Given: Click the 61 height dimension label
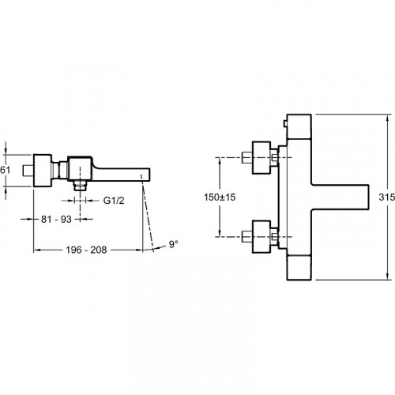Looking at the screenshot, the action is tap(5, 170).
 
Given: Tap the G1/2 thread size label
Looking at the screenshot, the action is tap(114, 201).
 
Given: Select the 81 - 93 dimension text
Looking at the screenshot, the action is tap(56, 219).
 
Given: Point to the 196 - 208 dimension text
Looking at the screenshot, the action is tap(86, 250).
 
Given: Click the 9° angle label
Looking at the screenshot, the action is tap(173, 244).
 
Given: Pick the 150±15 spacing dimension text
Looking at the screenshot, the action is tap(220, 197).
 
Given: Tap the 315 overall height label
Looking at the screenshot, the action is tap(387, 197).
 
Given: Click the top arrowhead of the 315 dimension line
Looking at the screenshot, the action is tap(387, 116).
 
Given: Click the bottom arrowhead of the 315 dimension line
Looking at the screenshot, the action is tap(387, 277).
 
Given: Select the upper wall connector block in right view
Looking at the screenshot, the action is tap(261, 158).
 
